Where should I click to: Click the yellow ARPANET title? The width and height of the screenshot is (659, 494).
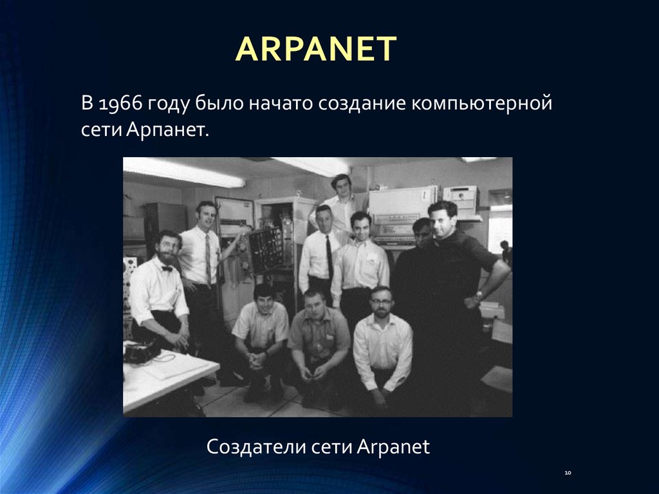(x=316, y=49)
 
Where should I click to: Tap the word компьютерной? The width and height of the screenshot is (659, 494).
(x=481, y=104)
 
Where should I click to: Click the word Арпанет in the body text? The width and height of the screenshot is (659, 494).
(x=167, y=130)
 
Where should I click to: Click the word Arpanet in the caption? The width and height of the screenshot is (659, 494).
(x=393, y=447)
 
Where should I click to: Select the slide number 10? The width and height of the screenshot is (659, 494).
(x=568, y=473)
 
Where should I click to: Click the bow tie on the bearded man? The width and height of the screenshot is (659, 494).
(x=167, y=269)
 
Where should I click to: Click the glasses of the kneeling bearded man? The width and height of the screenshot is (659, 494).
(x=381, y=301)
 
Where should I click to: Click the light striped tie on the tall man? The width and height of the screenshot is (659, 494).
(x=208, y=259)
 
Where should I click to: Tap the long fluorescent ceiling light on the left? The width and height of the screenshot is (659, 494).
(x=183, y=173)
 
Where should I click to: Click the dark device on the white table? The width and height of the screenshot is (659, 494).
(x=140, y=352)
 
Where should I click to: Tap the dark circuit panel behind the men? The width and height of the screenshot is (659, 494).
(x=266, y=250)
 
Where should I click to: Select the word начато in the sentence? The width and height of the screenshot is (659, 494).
(x=281, y=104)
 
